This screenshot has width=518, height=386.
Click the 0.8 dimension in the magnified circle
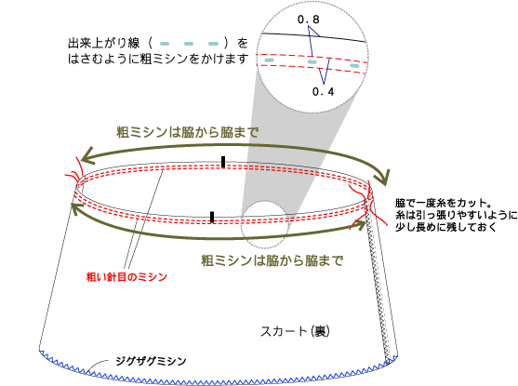308,20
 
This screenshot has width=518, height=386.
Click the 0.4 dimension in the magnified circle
323,91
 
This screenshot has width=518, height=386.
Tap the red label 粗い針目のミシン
126,276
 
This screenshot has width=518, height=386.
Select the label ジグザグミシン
151,361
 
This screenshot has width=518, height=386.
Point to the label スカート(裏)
295,331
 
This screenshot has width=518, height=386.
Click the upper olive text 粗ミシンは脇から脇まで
187,133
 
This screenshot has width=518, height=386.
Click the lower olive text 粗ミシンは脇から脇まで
272,260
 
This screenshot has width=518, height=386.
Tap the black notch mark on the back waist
223,162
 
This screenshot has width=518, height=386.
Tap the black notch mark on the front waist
212,217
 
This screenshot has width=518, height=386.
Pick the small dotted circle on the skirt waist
265,225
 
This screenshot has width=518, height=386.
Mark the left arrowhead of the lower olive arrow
77,208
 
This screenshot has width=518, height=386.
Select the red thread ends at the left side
74,171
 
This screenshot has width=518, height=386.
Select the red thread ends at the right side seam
369,206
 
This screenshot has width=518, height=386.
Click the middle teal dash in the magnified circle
312,61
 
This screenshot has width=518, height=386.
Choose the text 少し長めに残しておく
446,227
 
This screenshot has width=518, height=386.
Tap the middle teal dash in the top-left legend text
189,44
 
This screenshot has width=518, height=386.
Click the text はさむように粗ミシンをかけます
158,60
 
